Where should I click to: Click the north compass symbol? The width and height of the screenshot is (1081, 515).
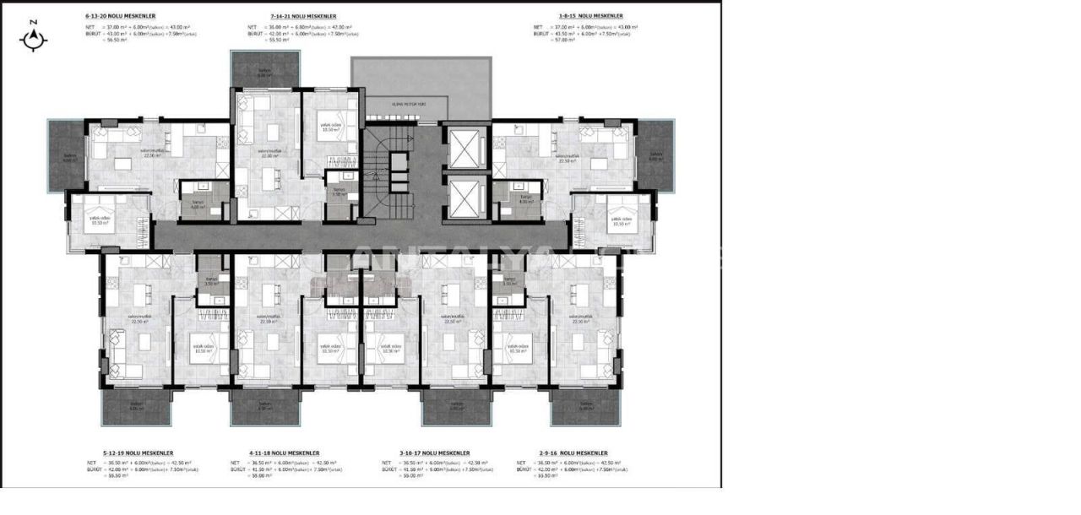point(34,38)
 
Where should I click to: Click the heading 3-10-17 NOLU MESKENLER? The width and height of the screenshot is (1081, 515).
point(425,453)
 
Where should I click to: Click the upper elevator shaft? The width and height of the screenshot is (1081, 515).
point(465,149)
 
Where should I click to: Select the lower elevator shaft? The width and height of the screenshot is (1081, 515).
point(465,198)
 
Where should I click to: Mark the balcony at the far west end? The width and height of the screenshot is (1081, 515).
point(67,155)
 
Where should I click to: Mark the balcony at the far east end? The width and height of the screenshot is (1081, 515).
point(655,155)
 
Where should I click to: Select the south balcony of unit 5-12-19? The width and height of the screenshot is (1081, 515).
point(137,407)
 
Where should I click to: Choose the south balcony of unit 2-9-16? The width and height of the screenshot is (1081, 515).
point(584,406)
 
